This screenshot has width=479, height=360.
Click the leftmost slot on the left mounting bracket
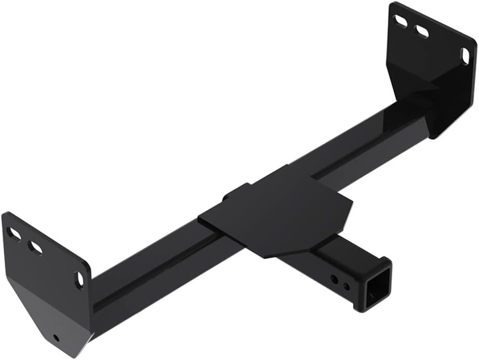pos(14,234)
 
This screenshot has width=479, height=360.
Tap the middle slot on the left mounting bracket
pos(35,247)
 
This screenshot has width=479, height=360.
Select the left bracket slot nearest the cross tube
pos(79,280)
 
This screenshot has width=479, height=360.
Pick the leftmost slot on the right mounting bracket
pos(402,21)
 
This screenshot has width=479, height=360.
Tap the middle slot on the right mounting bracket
pos(422,31)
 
